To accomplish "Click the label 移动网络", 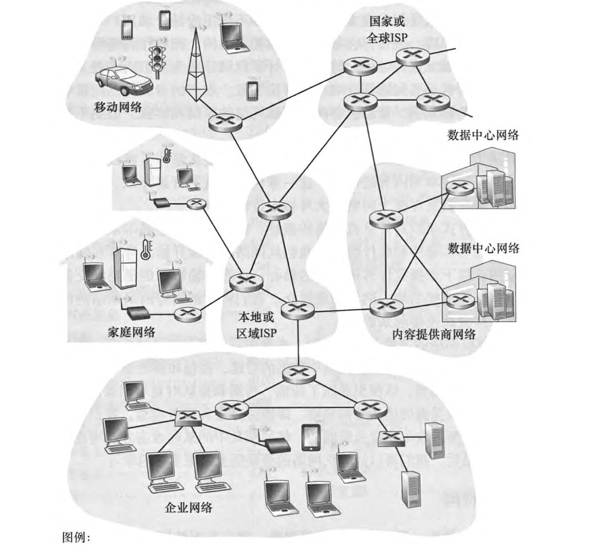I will click(x=118, y=106).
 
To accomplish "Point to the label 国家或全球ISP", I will click(x=387, y=29).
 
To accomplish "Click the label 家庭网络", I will click(x=131, y=332).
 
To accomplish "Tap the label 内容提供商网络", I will click(x=433, y=334).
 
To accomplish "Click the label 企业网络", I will click(x=189, y=507).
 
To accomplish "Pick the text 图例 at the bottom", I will click(x=76, y=537).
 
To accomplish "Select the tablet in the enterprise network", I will click(x=311, y=437).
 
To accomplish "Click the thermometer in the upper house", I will click(x=166, y=155).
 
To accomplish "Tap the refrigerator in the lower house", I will click(x=125, y=268).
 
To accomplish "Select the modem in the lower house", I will click(x=138, y=313).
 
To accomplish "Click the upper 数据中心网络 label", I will click(x=483, y=135).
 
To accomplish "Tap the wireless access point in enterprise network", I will click(x=277, y=444).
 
